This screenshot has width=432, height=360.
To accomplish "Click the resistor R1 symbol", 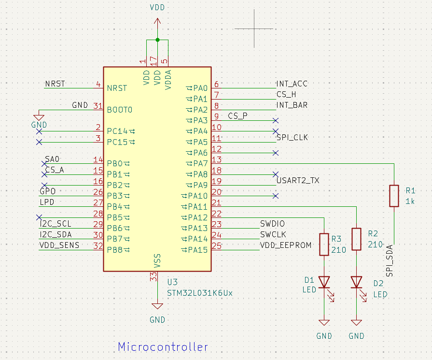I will click(x=394, y=196).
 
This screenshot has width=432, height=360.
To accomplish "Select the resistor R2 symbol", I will click(x=356, y=239).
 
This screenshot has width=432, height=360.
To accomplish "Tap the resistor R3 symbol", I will click(x=324, y=245).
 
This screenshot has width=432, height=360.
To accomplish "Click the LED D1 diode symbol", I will click(x=324, y=282).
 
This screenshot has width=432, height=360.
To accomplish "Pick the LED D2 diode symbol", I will click(x=356, y=282).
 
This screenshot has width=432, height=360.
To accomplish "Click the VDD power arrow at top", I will click(x=157, y=22).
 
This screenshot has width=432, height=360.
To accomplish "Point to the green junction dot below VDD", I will click(x=157, y=39).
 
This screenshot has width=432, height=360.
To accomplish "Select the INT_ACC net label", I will click(x=292, y=84).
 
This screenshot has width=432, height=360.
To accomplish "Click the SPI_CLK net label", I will click(x=292, y=138).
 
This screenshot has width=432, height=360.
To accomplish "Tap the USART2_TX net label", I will click(x=298, y=181).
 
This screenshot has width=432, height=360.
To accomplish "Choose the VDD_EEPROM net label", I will click(x=286, y=245).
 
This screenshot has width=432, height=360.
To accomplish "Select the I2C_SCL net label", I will click(x=56, y=224).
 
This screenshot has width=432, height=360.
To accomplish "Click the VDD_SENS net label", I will click(x=59, y=245).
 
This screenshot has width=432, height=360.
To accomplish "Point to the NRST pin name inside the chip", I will click(x=117, y=88).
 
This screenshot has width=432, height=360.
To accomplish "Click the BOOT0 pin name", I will click(x=119, y=110).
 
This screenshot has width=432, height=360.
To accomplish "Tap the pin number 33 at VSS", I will click(x=153, y=277).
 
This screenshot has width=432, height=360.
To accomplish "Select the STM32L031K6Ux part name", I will click(x=199, y=293).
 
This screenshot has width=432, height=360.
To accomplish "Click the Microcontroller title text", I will click(x=163, y=347).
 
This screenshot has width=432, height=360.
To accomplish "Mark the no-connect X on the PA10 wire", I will click(x=275, y=196).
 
